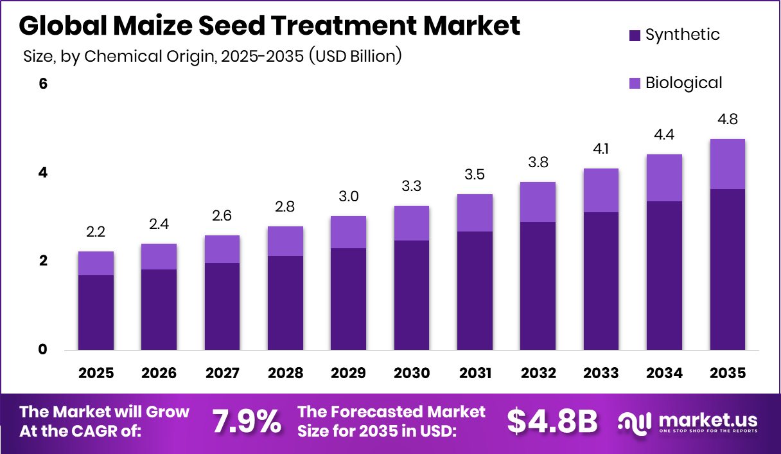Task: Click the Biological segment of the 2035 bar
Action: click(728, 164)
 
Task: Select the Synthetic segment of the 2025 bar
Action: click(96, 313)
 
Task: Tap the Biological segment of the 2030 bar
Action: click(412, 223)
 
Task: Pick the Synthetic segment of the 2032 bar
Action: click(538, 286)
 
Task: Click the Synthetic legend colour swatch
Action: click(635, 35)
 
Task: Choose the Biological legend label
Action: click(683, 83)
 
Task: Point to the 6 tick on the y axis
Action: click(44, 84)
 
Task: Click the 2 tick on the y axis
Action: click(44, 261)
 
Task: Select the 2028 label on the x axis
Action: click(285, 373)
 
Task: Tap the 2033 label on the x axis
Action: click(601, 373)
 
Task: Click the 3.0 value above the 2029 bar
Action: click(349, 197)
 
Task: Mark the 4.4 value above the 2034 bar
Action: click(665, 135)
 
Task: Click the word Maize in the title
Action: click(154, 26)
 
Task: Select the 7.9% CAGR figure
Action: click(247, 421)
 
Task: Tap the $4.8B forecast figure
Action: click(552, 421)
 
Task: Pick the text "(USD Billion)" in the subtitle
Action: click(355, 56)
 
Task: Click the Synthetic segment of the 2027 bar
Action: click(222, 307)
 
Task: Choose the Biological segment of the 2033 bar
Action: click(601, 190)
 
